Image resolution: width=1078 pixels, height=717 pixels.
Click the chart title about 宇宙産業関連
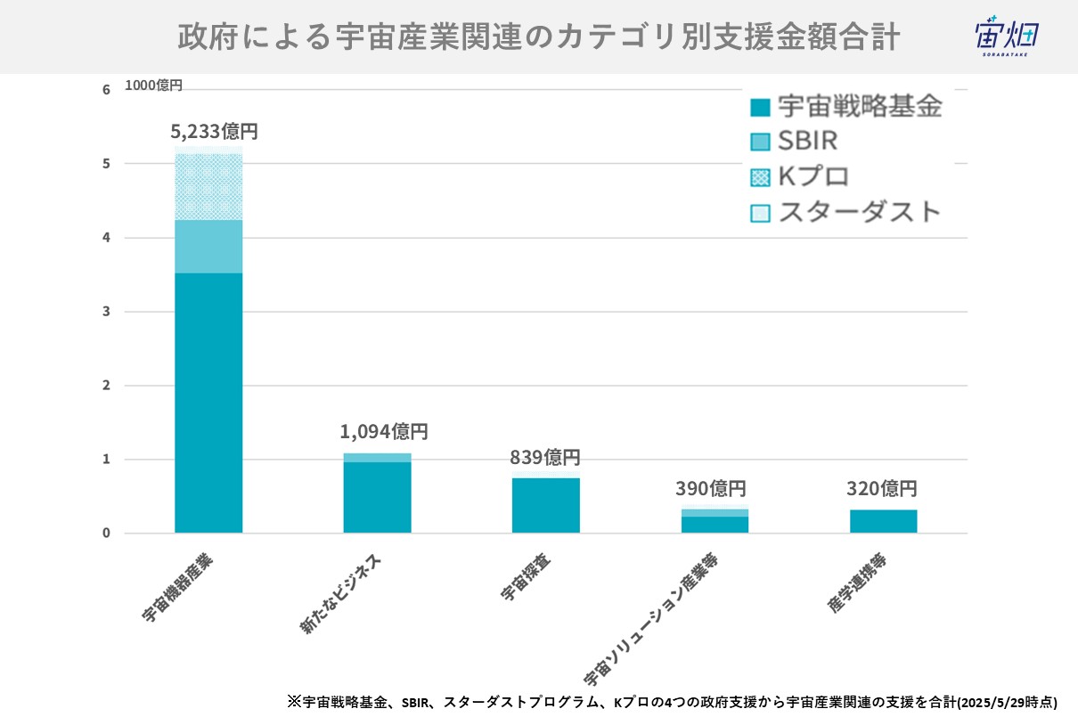(538, 37)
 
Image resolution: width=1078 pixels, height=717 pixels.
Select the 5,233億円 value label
(214, 132)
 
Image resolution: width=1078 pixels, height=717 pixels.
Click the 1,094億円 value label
(384, 432)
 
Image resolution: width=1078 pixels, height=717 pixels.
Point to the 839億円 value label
(545, 458)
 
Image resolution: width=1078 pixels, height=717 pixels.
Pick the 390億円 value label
(710, 488)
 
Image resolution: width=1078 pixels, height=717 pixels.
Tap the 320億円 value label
(881, 488)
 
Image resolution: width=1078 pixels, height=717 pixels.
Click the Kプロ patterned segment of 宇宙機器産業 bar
(208, 187)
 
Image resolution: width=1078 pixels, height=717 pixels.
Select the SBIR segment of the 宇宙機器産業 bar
(208, 247)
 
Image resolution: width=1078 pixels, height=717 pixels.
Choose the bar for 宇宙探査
(545, 506)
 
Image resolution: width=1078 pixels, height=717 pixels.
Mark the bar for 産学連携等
(883, 521)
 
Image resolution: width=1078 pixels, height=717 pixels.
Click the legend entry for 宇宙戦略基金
(846, 108)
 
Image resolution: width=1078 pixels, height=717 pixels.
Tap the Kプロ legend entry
(801, 176)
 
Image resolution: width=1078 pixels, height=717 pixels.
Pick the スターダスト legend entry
(846, 212)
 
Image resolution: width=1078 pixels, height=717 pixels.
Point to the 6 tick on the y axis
(106, 89)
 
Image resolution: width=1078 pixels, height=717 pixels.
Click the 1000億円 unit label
(153, 86)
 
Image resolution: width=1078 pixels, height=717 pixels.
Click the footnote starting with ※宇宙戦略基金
(673, 701)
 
